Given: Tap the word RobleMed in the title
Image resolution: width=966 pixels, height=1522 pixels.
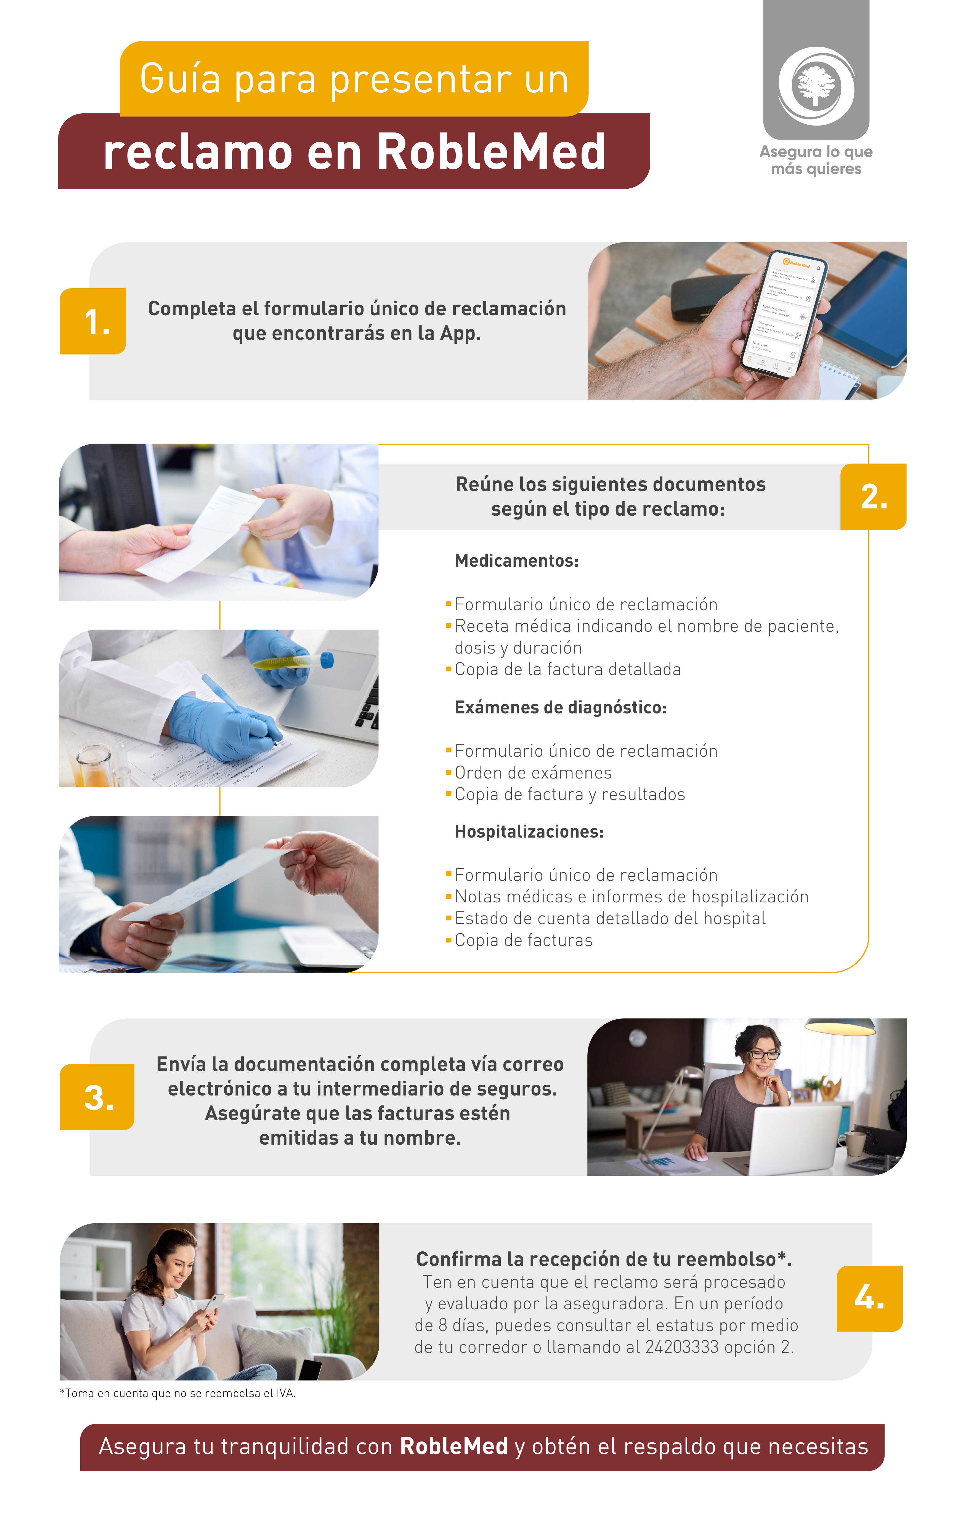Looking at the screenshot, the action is pos(491,152).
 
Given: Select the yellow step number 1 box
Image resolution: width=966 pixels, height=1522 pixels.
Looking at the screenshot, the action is pos(93,321).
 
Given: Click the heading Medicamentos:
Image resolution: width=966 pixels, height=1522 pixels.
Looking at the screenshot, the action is pos(516,561).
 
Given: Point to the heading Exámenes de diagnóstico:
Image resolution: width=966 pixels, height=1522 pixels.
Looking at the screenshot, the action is pos(560,707).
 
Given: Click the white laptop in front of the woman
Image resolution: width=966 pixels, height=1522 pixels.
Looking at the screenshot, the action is pos(795,1139).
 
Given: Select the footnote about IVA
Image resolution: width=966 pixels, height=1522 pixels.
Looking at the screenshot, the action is pos(178,1393).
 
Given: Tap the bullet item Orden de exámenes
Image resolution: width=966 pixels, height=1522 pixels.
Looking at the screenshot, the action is pos(533,772).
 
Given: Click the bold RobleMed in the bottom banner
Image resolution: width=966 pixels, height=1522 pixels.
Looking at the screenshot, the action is pos(454,1446).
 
